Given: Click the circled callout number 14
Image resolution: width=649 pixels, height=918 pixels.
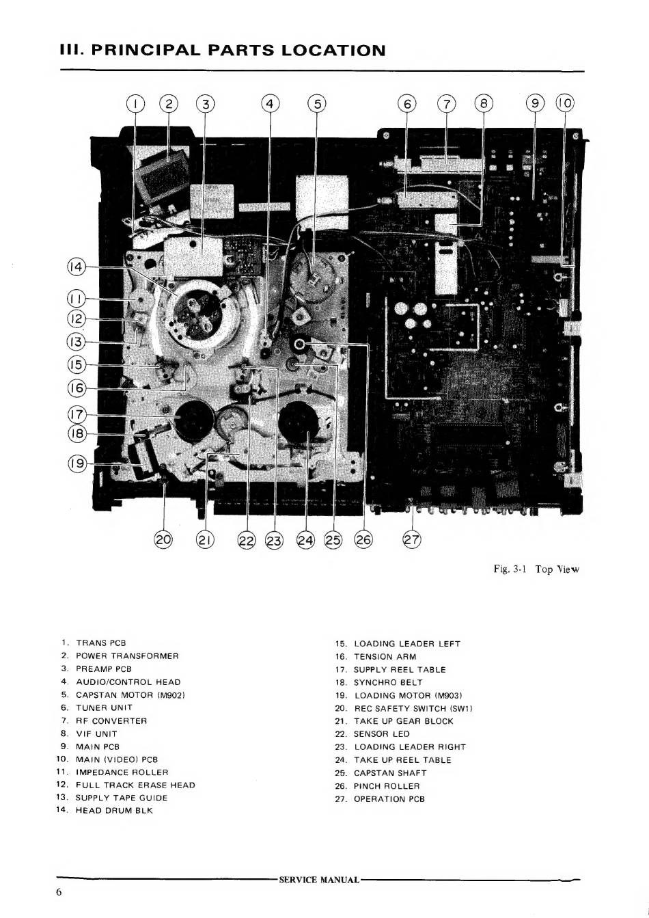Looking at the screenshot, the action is pyautogui.click(x=77, y=267).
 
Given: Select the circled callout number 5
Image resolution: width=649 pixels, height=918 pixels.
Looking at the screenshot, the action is pyautogui.click(x=316, y=104).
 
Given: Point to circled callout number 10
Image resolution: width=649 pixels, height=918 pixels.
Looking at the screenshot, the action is pyautogui.click(x=565, y=104).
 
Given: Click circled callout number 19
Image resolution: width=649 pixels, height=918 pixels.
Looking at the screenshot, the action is pyautogui.click(x=77, y=464).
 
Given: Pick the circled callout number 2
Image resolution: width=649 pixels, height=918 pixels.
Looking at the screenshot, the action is pyautogui.click(x=169, y=104).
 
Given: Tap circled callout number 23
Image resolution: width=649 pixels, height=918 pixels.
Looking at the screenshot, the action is pyautogui.click(x=274, y=541).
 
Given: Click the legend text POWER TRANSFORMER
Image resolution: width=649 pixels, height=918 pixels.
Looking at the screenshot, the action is pyautogui.click(x=127, y=656).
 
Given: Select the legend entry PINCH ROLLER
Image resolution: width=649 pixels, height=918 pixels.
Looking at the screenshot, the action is pyautogui.click(x=387, y=786).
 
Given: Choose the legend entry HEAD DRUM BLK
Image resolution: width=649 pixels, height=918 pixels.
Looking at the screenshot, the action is pyautogui.click(x=114, y=811).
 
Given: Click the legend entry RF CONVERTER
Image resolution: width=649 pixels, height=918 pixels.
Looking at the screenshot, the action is pyautogui.click(x=111, y=720).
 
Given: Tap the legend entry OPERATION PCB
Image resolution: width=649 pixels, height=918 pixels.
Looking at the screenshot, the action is pyautogui.click(x=389, y=799).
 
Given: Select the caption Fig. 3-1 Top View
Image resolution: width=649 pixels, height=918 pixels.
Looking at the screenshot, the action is pyautogui.click(x=536, y=569).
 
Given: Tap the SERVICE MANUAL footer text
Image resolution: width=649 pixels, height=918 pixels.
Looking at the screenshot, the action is pyautogui.click(x=319, y=880).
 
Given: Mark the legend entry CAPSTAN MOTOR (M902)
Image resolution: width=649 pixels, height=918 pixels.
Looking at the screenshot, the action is pyautogui.click(x=130, y=695).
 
